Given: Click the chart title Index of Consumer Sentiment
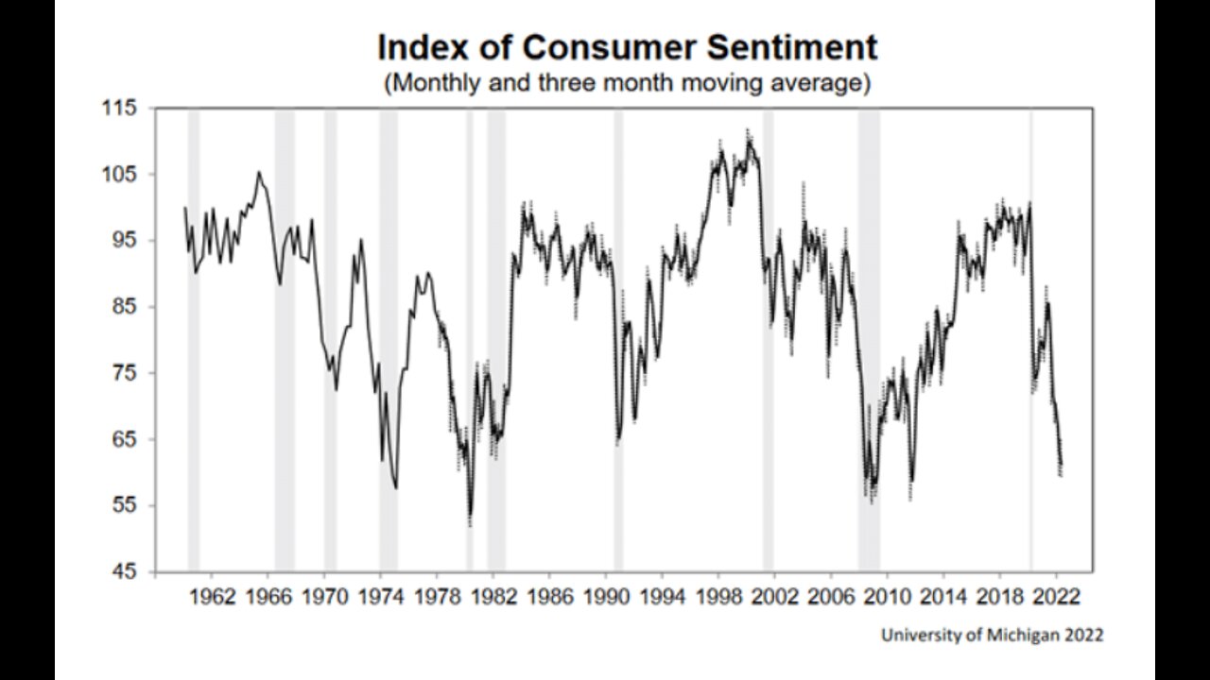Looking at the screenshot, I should point(627,47).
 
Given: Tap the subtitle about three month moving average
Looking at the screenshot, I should point(626,82).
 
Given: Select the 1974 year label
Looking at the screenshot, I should point(380,598).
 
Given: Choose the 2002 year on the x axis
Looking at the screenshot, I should point(774,598).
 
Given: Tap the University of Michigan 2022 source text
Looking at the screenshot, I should point(992,636).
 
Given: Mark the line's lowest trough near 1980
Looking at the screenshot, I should point(470,518).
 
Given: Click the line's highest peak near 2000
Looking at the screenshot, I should point(749,139).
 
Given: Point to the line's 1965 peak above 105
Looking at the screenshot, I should point(259,172).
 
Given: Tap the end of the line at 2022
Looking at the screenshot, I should point(1062,466).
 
